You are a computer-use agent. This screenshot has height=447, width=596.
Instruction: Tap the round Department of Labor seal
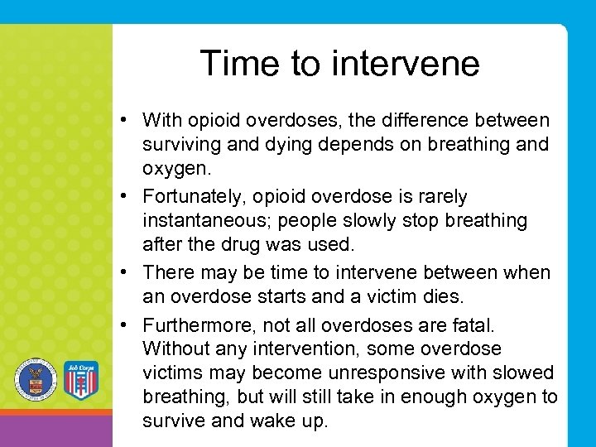[35, 380]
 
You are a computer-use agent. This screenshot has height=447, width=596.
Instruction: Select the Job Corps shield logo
[81, 380]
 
